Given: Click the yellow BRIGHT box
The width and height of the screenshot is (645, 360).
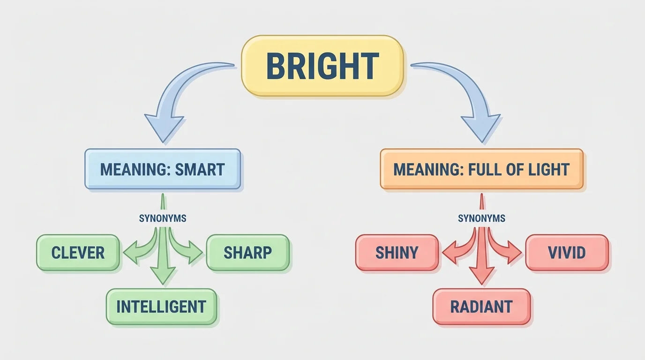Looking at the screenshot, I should [x=322, y=66].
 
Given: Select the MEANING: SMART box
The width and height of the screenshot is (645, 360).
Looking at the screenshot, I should [x=162, y=169].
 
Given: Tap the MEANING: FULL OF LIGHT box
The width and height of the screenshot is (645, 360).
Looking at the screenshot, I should [x=481, y=169].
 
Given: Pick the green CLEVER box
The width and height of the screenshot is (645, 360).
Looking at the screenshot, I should [x=78, y=253].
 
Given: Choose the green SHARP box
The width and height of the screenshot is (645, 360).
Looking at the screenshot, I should [x=247, y=253].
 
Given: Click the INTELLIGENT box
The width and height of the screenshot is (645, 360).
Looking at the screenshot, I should [x=161, y=307].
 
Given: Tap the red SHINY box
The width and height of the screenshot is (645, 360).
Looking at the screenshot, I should [x=397, y=253].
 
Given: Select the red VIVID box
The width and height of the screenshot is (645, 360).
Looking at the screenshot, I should [x=567, y=253].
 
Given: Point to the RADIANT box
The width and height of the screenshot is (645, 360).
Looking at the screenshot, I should [x=481, y=307].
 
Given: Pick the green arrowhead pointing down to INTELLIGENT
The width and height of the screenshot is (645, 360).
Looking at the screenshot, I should [x=163, y=275].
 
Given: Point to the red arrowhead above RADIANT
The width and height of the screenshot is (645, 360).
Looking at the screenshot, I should [x=481, y=276].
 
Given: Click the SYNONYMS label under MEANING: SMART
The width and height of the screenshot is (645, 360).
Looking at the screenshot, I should [x=163, y=218].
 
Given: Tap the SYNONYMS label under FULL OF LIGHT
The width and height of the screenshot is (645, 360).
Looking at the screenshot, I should [x=481, y=218].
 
